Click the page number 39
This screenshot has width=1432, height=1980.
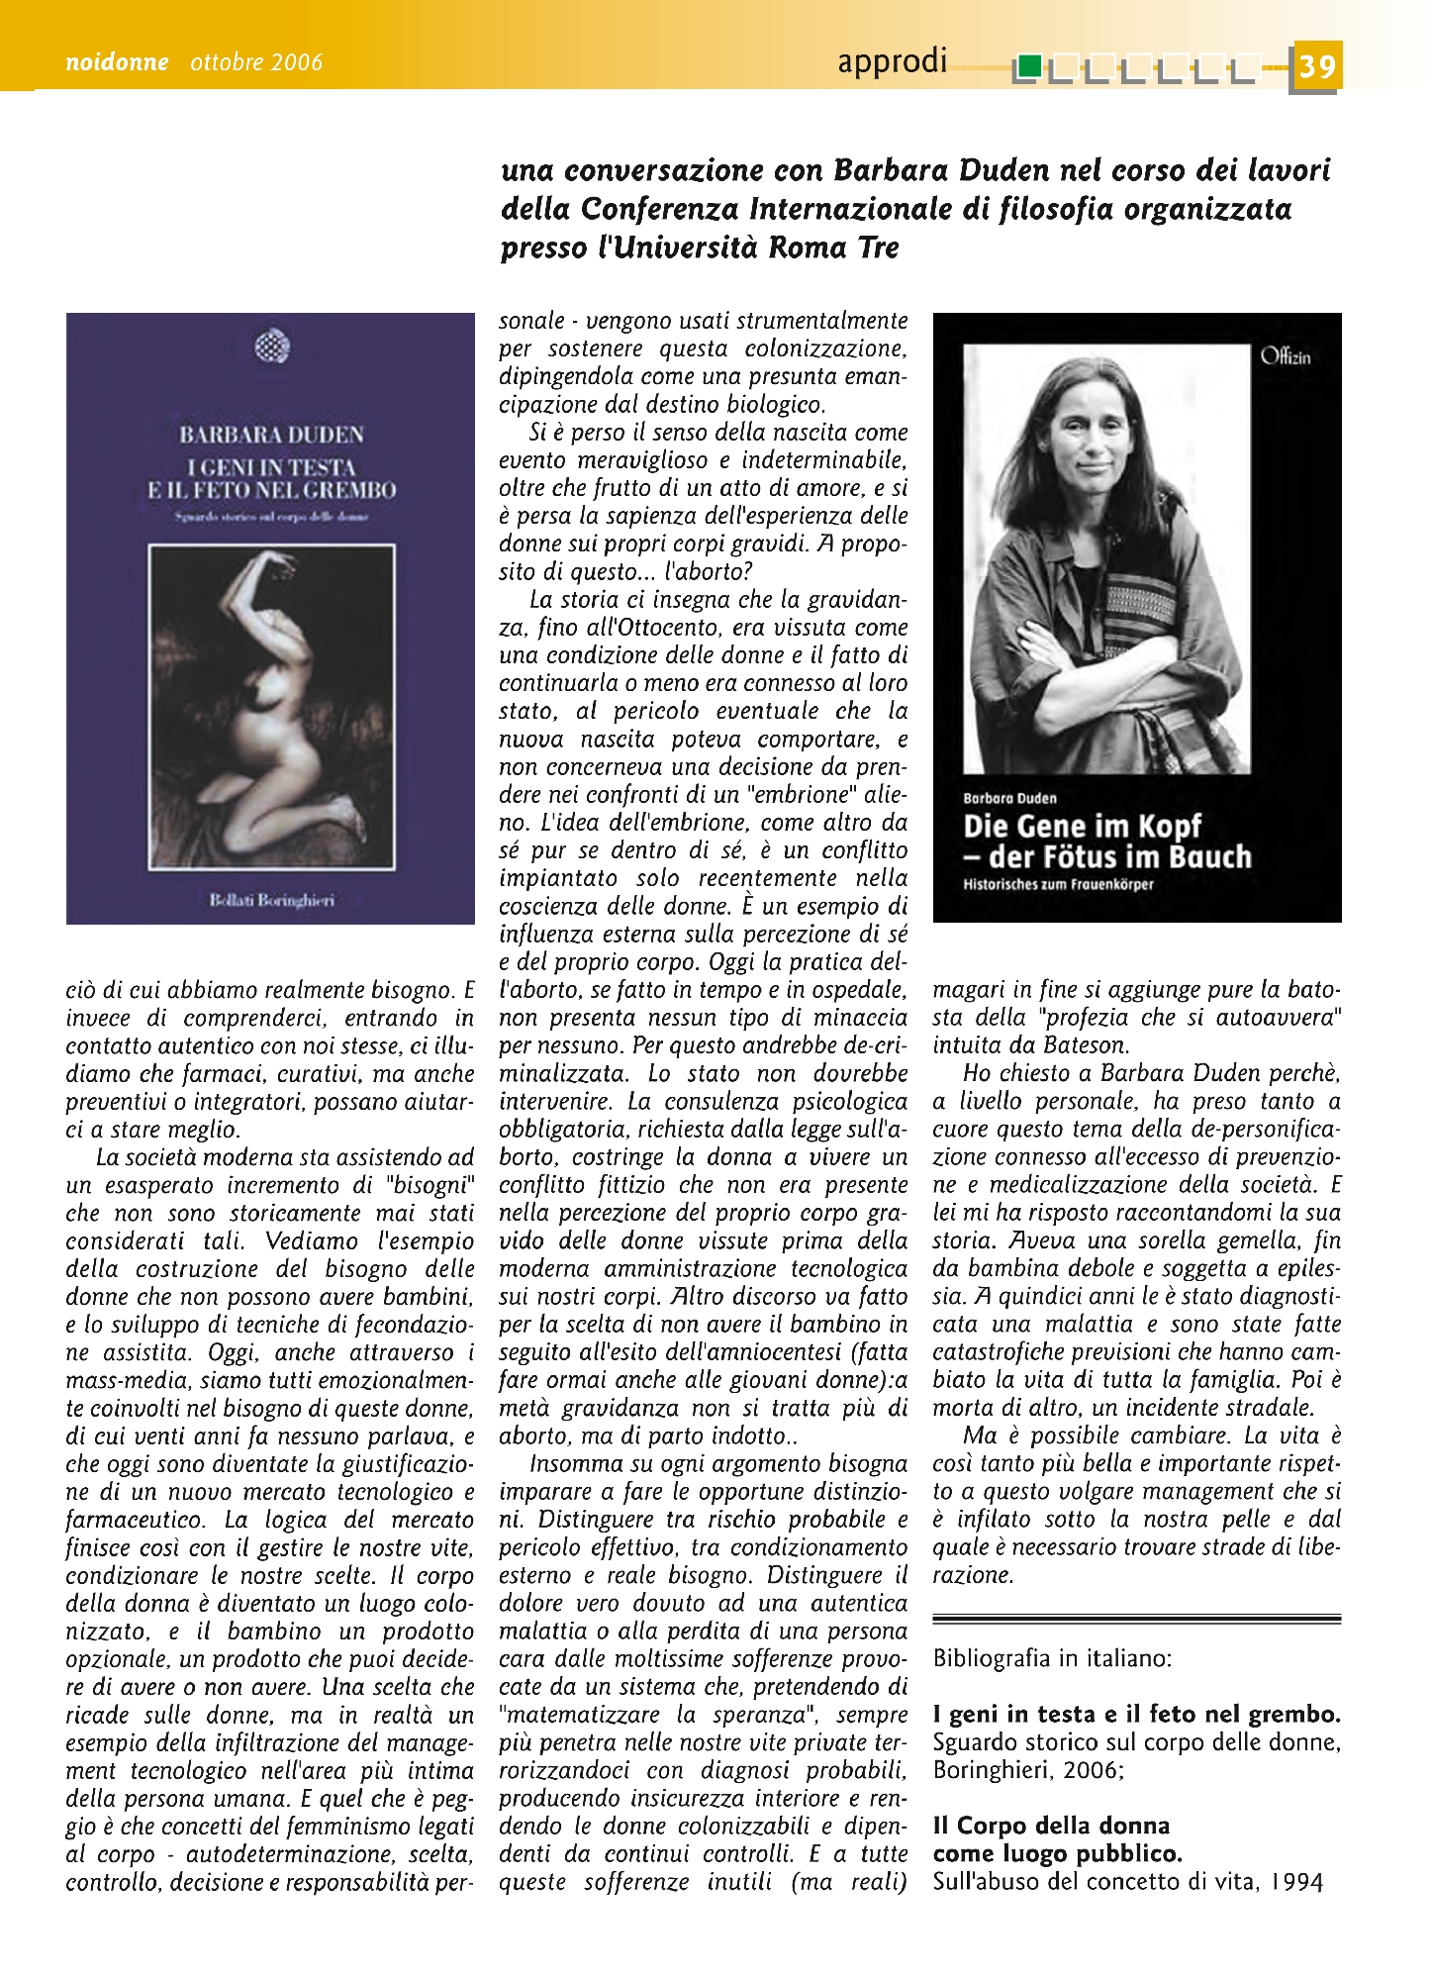point(1317,66)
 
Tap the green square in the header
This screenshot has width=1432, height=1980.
point(1029,67)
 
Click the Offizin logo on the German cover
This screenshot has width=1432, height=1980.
point(1286,357)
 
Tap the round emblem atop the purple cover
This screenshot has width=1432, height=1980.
point(271,346)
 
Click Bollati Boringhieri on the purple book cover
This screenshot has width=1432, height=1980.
point(271,901)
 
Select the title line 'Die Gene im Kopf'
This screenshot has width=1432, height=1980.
point(1082,827)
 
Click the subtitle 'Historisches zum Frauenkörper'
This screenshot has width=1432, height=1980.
point(1058,884)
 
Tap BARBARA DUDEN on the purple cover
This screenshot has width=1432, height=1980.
point(271,435)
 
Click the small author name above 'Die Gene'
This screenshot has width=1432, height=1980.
point(1009,798)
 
